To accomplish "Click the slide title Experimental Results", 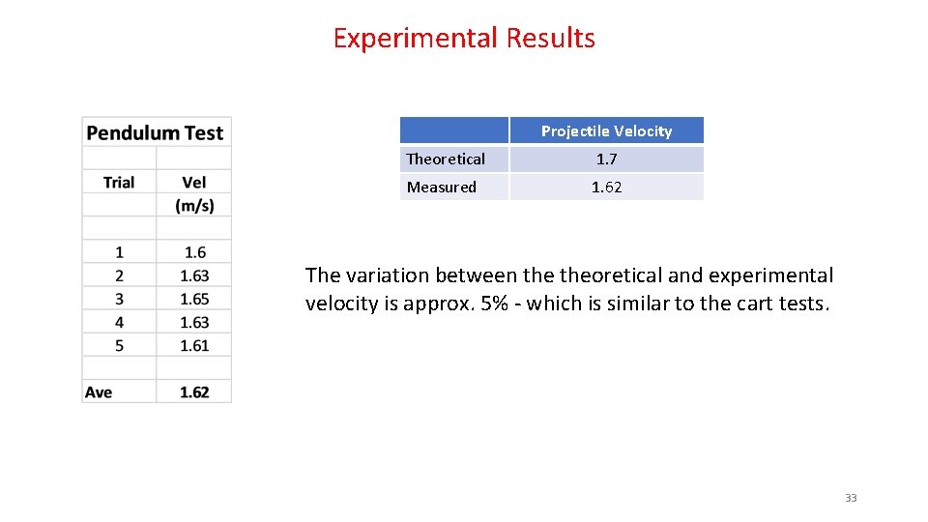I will (x=464, y=39).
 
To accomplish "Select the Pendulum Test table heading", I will (x=155, y=133).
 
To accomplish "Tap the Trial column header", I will (x=119, y=183).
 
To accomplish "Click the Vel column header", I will (x=194, y=183).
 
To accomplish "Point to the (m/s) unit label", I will (x=194, y=206).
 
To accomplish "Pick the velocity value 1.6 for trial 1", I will (x=194, y=252).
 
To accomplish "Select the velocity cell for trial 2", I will (x=194, y=275).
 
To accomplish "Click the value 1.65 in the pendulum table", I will (x=194, y=299).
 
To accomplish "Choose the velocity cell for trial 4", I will (x=194, y=322).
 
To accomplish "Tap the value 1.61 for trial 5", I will (x=194, y=345).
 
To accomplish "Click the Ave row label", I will (x=99, y=392).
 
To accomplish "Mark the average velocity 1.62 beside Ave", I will (x=194, y=392).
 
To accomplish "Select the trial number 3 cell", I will (x=119, y=299).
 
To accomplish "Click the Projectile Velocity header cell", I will (x=606, y=131).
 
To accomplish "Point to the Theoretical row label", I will (x=446, y=159).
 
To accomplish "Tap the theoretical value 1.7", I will (x=606, y=159).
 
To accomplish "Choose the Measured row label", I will (x=442, y=188).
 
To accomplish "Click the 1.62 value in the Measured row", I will (x=606, y=188).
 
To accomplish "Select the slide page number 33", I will (x=851, y=498).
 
